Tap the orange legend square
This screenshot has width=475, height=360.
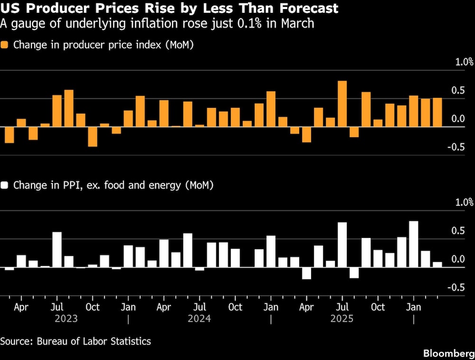(5, 45)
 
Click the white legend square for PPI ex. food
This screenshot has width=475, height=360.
(5, 185)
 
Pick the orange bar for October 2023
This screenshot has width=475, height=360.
(93, 136)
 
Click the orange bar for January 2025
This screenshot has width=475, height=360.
(271, 109)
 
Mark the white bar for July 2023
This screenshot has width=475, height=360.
(57, 249)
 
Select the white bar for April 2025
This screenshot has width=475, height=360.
(306, 273)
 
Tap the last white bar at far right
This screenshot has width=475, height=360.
(437, 264)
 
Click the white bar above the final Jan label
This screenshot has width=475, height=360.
(413, 244)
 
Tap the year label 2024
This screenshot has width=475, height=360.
(199, 319)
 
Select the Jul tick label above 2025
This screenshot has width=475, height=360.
(342, 307)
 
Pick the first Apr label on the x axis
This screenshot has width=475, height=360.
(21, 307)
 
